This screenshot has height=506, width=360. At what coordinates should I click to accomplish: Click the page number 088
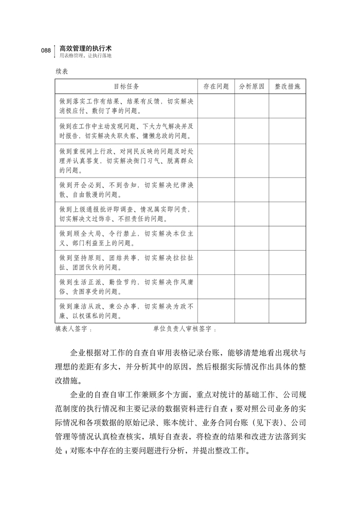45,50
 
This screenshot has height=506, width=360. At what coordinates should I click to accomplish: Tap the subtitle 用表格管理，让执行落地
84,56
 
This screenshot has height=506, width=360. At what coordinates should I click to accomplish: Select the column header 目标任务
126,86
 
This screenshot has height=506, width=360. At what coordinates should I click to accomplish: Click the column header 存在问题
216,86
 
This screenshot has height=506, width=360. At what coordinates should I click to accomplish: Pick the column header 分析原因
251,86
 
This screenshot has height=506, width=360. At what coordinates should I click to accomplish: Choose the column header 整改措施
287,86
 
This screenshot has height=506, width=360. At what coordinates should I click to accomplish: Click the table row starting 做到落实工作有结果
126,106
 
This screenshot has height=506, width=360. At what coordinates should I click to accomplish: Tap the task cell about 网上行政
126,161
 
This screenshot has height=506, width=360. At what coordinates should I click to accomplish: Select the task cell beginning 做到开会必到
126,189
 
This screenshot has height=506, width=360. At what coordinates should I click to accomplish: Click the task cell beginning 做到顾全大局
126,238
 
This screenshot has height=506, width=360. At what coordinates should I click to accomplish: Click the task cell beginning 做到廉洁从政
126,311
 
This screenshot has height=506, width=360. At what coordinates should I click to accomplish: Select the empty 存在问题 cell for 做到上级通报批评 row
216,214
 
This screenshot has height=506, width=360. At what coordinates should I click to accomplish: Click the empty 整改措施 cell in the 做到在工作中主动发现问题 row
287,131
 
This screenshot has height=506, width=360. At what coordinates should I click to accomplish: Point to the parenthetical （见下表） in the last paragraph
260,423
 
